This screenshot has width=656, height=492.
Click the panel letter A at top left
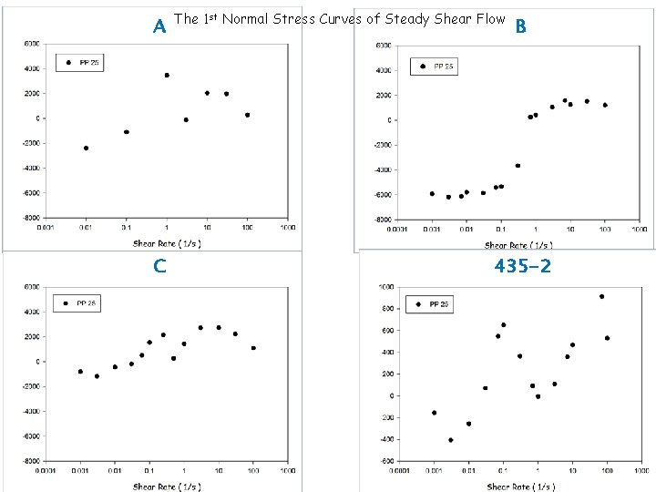(x=159, y=26)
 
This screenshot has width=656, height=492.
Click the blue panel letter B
(x=521, y=26)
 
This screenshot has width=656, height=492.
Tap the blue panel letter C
(x=159, y=266)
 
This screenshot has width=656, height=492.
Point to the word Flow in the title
(x=488, y=18)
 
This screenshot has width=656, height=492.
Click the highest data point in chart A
(x=167, y=75)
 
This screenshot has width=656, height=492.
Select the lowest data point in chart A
(x=86, y=148)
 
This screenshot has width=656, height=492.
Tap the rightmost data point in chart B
(x=605, y=105)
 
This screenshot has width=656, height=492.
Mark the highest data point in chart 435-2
(x=601, y=296)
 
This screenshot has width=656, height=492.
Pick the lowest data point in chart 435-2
(x=450, y=440)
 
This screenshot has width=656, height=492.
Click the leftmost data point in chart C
(x=80, y=371)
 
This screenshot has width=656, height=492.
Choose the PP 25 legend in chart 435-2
(x=433, y=304)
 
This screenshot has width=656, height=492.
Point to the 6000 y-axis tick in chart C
(x=30, y=287)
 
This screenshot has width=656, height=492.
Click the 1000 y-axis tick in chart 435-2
(x=384, y=287)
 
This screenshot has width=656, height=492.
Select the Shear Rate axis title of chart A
(x=167, y=243)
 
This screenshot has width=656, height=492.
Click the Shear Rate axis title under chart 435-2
(x=520, y=487)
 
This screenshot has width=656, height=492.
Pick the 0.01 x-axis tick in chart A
(x=86, y=229)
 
